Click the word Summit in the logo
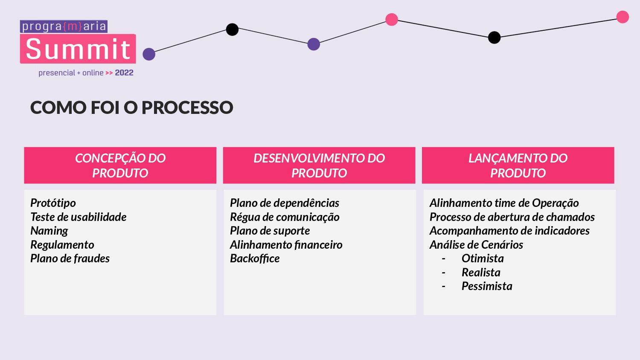[78, 49]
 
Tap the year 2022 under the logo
[124, 73]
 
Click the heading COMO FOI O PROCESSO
[131, 107]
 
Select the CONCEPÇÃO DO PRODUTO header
[120, 165]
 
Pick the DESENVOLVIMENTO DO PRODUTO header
[319, 165]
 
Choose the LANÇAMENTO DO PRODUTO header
[518, 165]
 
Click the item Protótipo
[53, 203]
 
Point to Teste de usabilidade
[79, 217]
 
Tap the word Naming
[49, 231]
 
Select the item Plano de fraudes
[70, 258]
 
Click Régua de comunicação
[285, 217]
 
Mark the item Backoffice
[255, 258]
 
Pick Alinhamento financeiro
[286, 245]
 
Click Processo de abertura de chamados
[512, 217]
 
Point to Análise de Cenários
[476, 245]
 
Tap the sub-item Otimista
[483, 258]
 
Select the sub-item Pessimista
[487, 286]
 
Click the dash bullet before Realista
[444, 273]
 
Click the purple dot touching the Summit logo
[149, 54]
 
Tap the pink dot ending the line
[623, 17]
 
